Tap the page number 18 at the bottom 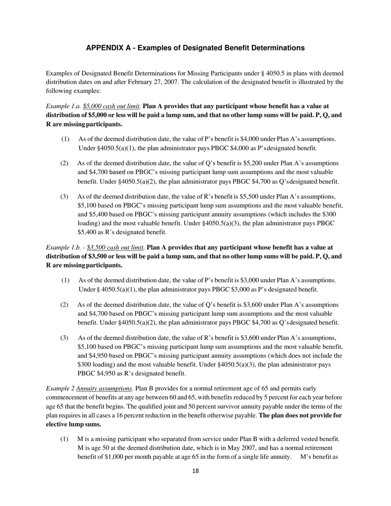pos(195,471)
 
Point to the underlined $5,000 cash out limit pos(112,106)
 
